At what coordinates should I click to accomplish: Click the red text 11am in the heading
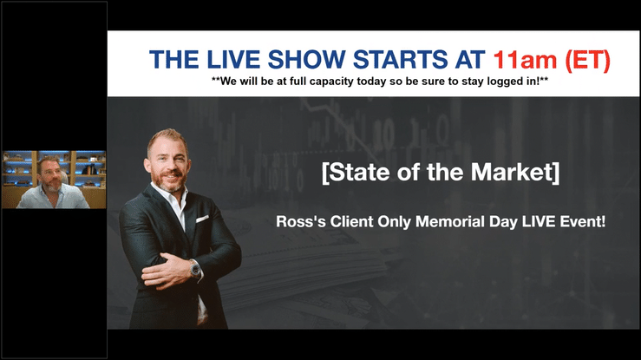525,60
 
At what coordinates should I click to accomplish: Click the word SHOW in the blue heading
307,60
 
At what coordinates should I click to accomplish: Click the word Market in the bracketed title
512,172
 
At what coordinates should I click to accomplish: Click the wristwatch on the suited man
195,269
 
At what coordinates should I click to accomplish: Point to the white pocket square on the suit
202,219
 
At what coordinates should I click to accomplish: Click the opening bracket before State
325,173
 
